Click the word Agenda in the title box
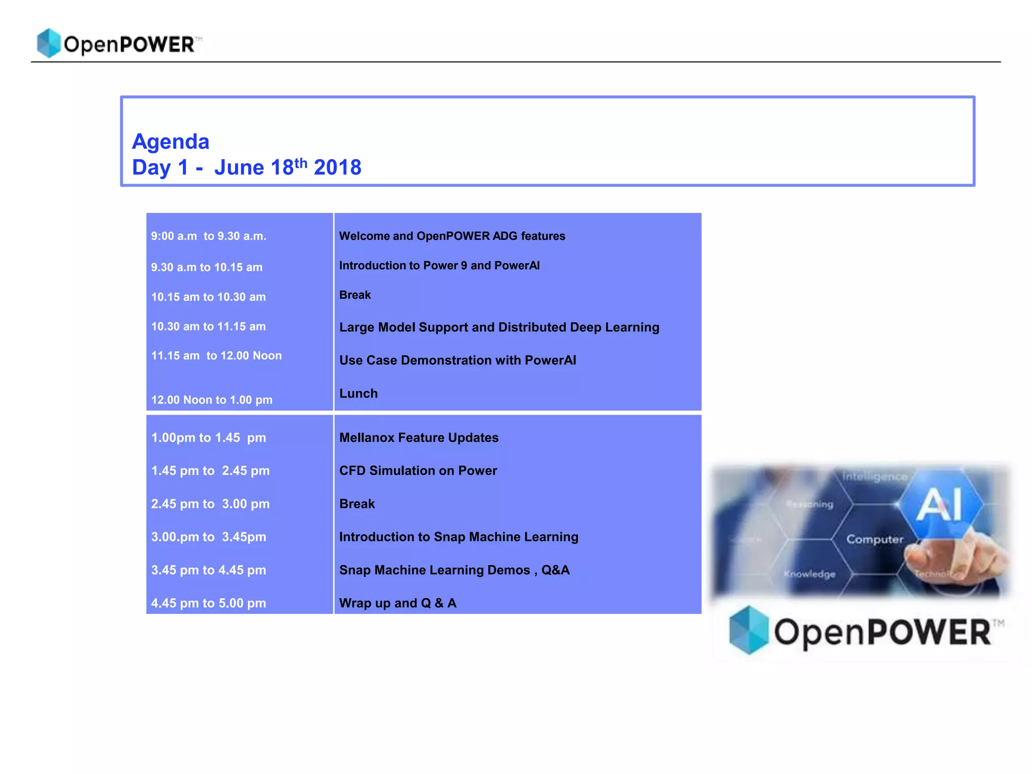(x=170, y=142)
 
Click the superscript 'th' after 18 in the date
(x=301, y=163)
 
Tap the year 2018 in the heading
(x=337, y=168)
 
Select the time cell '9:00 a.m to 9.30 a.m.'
(x=209, y=236)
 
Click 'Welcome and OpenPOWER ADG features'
(x=452, y=236)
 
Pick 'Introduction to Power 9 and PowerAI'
(x=439, y=266)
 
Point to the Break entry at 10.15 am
(x=355, y=295)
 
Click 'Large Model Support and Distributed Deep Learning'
(x=499, y=328)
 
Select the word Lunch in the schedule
(x=358, y=394)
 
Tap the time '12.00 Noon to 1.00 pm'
(x=212, y=400)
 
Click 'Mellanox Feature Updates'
(x=419, y=438)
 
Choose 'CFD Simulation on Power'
(x=418, y=471)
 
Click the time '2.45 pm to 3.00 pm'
(x=210, y=504)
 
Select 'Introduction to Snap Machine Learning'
(x=459, y=537)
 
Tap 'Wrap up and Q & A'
(x=398, y=603)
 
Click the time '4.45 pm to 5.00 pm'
(x=209, y=603)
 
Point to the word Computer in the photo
(x=875, y=539)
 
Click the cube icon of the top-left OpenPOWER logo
(x=49, y=43)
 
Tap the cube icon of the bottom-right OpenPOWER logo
(x=749, y=630)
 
